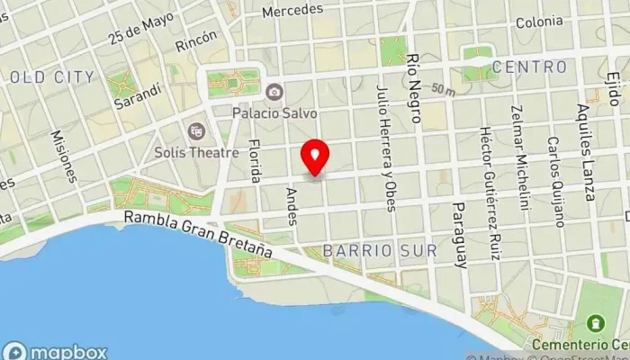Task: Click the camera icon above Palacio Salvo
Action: click(274, 92)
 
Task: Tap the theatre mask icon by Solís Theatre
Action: click(195, 130)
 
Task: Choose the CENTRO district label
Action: click(530, 67)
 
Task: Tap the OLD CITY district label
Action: click(51, 77)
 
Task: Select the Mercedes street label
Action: click(292, 11)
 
